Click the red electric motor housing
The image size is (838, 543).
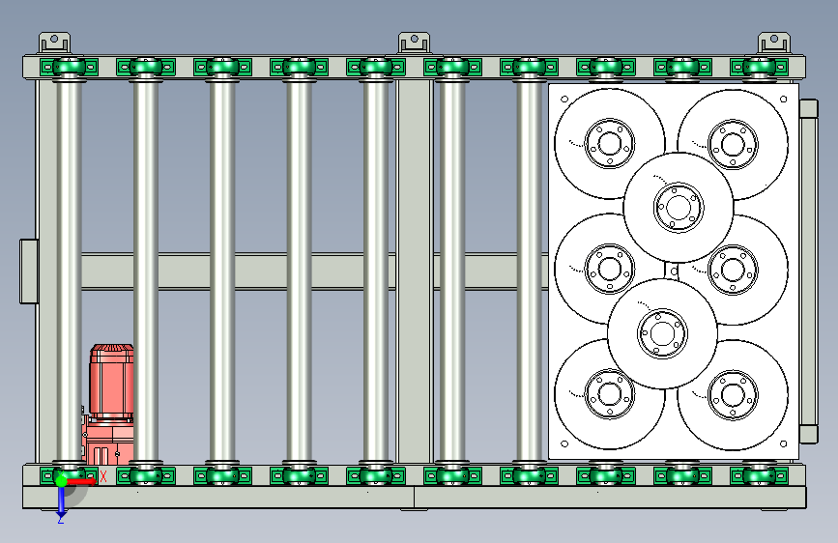click(111, 381)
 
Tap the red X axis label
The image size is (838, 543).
click(103, 476)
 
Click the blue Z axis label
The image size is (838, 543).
click(61, 519)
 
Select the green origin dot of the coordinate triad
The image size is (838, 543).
click(61, 481)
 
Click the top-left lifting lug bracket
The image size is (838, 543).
click(54, 43)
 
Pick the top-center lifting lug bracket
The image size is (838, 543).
click(415, 43)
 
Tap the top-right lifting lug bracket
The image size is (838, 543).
click(774, 43)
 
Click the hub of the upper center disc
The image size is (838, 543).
click(679, 208)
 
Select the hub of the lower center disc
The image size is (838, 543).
click(662, 333)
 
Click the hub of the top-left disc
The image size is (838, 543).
click(609, 143)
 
